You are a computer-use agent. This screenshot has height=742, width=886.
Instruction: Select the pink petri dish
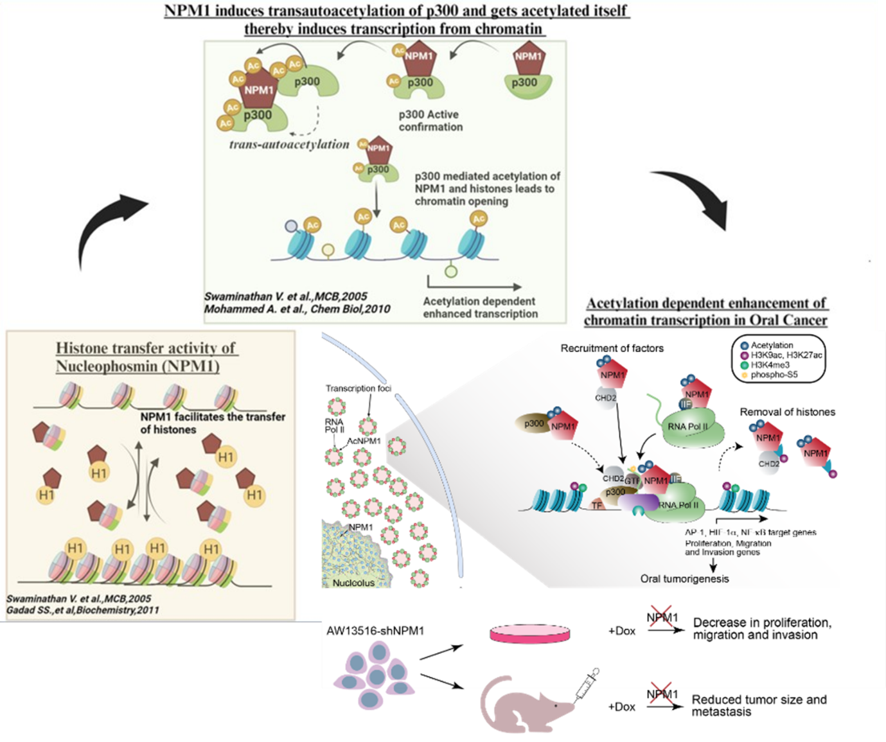[x=530, y=633]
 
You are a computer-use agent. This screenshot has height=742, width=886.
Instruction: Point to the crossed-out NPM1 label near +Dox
[x=662, y=619]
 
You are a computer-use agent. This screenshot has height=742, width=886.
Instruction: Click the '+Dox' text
[x=621, y=631]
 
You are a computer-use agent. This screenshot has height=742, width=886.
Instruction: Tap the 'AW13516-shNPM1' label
[x=375, y=630]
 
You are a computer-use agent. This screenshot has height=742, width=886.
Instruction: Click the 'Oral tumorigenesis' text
[x=684, y=579]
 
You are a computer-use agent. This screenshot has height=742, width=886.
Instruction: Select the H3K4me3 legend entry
[x=770, y=365]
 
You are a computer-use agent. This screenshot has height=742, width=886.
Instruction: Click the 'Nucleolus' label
[x=353, y=583]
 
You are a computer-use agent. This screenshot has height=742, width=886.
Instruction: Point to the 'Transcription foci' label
[x=358, y=389]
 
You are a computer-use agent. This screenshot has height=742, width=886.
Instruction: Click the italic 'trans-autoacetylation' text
[x=289, y=145]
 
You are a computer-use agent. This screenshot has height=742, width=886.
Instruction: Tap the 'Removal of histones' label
[x=787, y=412]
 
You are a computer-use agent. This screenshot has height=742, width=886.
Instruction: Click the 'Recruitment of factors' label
[x=612, y=348]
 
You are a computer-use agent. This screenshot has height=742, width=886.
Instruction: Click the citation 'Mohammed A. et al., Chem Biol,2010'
[x=297, y=309]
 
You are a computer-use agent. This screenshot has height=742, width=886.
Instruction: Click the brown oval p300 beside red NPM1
[x=533, y=423]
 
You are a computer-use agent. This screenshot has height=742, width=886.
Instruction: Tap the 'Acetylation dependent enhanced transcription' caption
[x=480, y=308]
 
